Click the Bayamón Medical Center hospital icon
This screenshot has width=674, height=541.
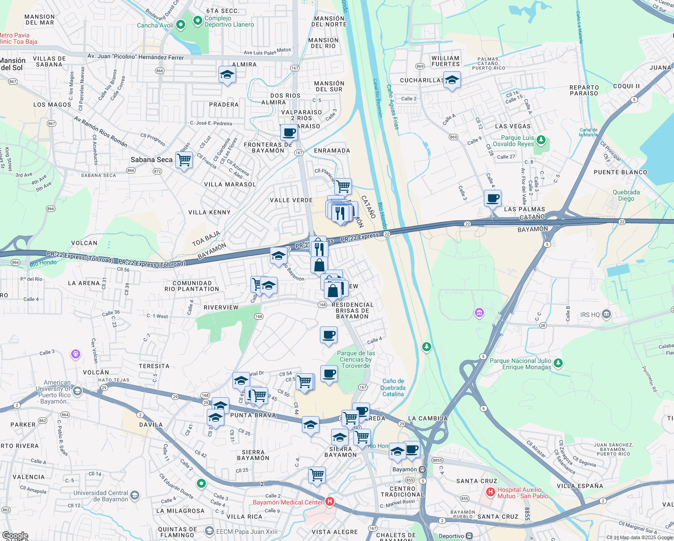[330, 501]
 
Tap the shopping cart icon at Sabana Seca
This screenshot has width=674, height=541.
[184, 160]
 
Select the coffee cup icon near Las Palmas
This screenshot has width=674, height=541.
[493, 198]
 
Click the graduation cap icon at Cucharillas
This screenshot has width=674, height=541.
[452, 80]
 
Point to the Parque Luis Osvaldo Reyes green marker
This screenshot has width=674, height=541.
[541, 140]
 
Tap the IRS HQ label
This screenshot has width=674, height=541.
[591, 315]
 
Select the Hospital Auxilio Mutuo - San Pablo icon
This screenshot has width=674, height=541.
[490, 492]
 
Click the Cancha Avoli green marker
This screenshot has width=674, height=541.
[181, 25]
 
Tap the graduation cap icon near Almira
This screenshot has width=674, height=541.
[227, 74]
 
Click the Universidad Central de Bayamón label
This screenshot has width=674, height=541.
[100, 496]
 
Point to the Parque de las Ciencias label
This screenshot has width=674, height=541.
[356, 359]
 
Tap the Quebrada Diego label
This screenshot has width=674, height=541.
[626, 195]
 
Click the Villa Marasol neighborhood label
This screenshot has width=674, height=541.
[230, 184]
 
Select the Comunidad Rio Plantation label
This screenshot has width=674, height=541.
[191, 286]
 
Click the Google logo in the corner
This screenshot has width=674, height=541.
[15, 536]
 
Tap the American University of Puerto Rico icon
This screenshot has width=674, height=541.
[77, 391]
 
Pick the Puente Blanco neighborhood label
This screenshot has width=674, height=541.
[620, 172]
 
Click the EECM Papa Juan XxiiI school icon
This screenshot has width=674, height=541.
[209, 532]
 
